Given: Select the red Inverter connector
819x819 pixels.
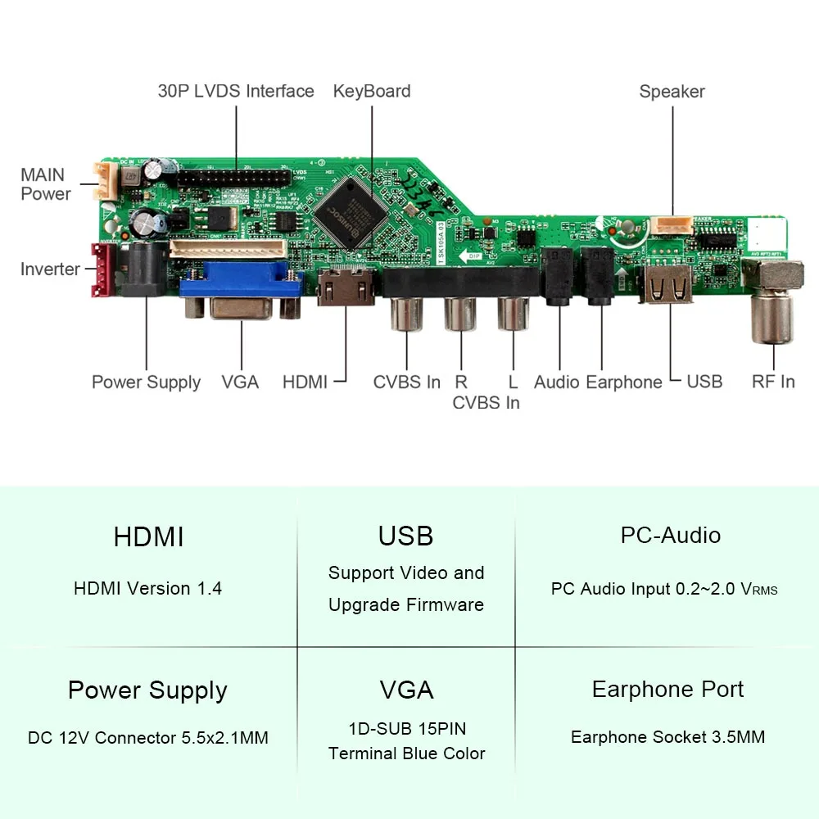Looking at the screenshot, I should (x=102, y=269).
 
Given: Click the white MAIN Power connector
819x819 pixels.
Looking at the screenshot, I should (x=103, y=179).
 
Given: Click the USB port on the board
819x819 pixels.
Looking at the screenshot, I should (x=667, y=285).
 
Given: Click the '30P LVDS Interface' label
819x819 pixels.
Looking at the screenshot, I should (x=236, y=91).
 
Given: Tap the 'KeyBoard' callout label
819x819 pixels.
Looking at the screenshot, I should (x=372, y=91).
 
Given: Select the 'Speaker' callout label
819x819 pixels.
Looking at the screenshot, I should (x=672, y=92).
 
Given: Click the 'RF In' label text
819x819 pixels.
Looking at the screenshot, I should (x=773, y=382).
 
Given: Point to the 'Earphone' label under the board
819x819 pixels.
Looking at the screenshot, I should (x=624, y=382).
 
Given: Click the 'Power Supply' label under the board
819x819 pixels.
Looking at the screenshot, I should (x=146, y=382).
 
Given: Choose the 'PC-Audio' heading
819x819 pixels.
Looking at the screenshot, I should (x=670, y=536).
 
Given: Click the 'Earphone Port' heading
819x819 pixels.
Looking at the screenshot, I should (x=667, y=690).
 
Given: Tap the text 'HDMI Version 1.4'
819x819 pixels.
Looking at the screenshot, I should (x=147, y=588).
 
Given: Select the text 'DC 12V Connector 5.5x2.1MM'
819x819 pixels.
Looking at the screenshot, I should (x=147, y=737).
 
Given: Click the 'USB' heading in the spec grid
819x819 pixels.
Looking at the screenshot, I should (x=405, y=536).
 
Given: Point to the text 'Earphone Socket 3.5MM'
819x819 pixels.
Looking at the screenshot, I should (x=667, y=737).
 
